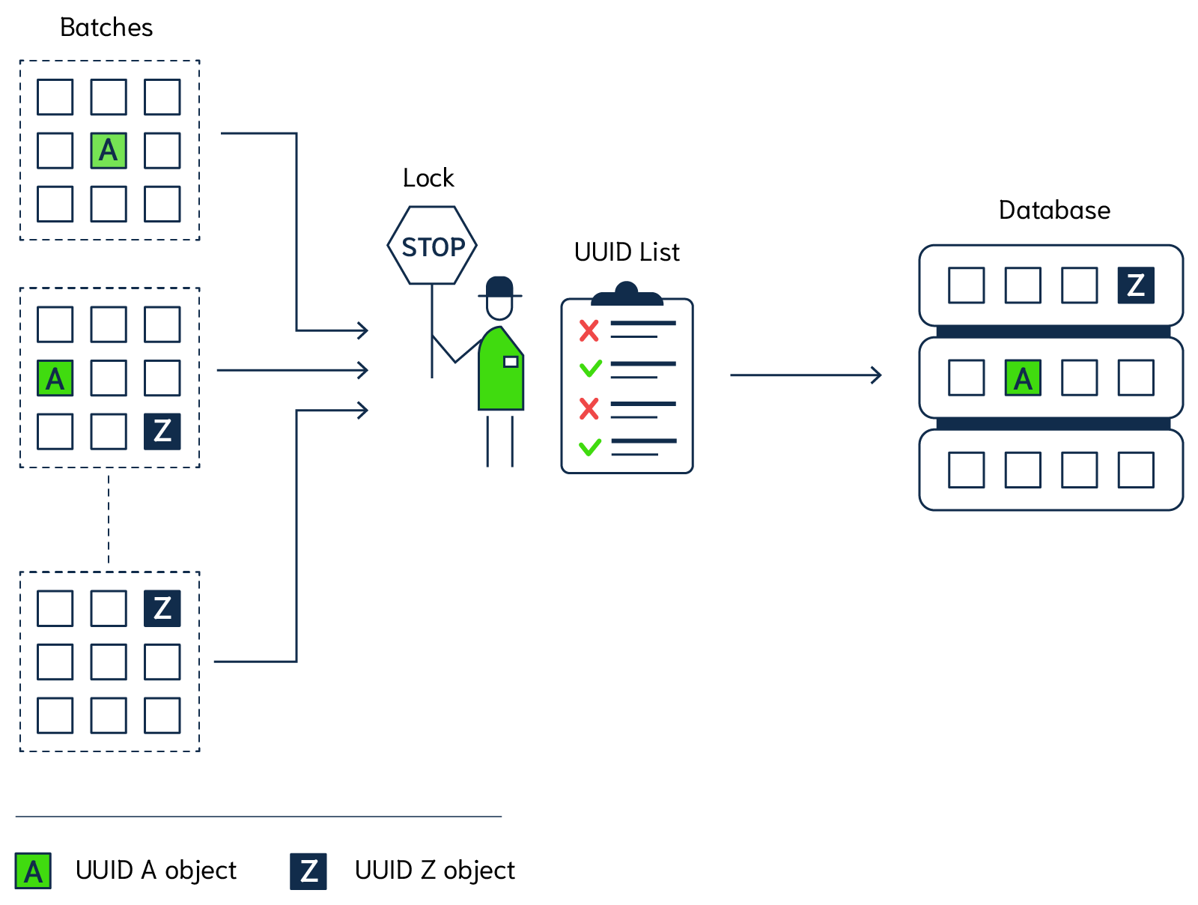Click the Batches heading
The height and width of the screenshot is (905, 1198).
(x=106, y=28)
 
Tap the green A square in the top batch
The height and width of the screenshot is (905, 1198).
(x=109, y=151)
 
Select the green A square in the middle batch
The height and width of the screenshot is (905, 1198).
(x=55, y=378)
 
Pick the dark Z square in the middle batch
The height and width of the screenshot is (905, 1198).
(x=162, y=432)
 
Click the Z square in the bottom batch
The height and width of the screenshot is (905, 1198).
(x=162, y=608)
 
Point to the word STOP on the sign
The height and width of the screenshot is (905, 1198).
(x=433, y=247)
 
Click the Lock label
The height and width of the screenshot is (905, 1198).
(x=428, y=178)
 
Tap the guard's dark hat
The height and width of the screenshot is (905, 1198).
(x=499, y=288)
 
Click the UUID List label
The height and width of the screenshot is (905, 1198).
(x=627, y=252)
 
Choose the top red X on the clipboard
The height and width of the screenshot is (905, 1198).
(x=589, y=330)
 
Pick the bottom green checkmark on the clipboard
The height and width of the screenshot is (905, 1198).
(x=590, y=447)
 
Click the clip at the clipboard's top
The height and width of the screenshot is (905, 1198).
(x=627, y=294)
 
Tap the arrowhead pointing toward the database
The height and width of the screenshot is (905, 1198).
(x=876, y=375)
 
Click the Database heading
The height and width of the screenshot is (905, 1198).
(x=1054, y=211)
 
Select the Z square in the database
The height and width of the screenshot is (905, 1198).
(x=1136, y=285)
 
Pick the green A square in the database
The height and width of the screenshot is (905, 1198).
(x=1023, y=378)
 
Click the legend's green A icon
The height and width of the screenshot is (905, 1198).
(x=33, y=871)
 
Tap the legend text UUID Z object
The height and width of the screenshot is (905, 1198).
(x=434, y=871)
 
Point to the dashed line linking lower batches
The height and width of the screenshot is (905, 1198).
(x=109, y=519)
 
